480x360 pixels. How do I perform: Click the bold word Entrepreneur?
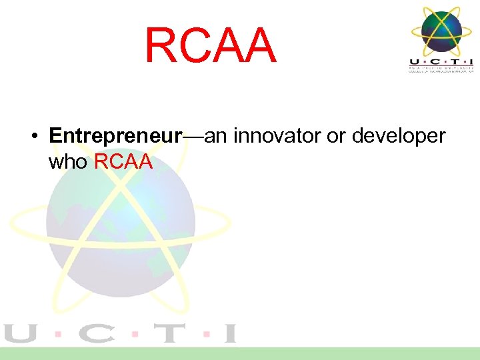[115, 136]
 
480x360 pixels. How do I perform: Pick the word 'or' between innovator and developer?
[335, 136]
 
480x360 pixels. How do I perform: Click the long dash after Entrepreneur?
[193, 137]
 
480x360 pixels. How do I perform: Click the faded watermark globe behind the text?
[113, 233]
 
